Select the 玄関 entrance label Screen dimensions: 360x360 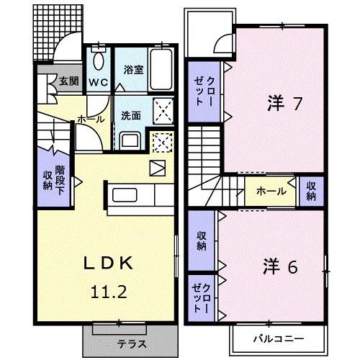point(68,81)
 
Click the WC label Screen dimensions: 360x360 point(98,83)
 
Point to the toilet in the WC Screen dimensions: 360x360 point(99,58)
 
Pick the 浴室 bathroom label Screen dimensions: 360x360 point(132,70)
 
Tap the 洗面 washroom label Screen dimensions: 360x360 point(130,116)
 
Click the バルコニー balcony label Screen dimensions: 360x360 point(278,338)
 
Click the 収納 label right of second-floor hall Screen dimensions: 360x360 point(310,190)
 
